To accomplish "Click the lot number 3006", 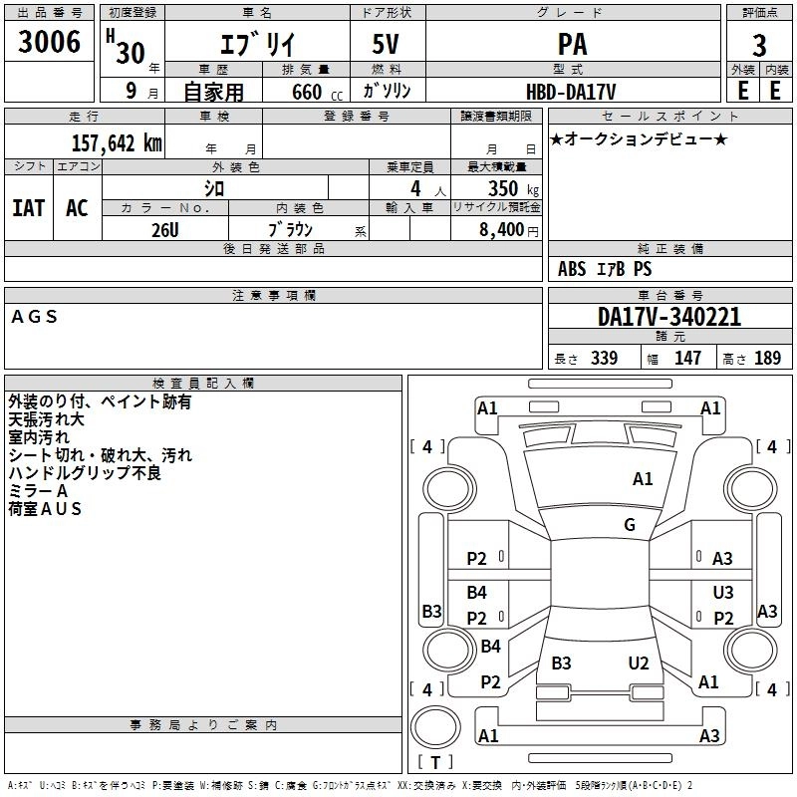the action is (x=49, y=42).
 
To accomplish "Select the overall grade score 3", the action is (x=759, y=46).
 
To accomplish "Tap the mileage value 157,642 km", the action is (x=117, y=143).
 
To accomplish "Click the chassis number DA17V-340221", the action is (x=669, y=316).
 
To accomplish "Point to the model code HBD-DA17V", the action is (x=571, y=92).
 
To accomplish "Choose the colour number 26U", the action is (x=165, y=230).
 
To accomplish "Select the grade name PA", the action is (x=572, y=44).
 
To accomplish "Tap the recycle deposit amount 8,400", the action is (x=502, y=230).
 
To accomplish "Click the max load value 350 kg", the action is (x=513, y=188).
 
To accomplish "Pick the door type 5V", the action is (x=386, y=44).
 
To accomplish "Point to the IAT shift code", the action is (x=29, y=208).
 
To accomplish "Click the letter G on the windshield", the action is (x=630, y=524).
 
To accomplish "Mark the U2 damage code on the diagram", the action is (x=639, y=663).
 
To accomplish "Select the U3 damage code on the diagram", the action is (x=723, y=592).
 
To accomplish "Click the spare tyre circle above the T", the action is (x=435, y=727).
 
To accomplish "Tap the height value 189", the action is (x=767, y=358).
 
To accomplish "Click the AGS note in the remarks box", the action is (x=34, y=317).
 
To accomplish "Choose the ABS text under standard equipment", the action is (x=572, y=269).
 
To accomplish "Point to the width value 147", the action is (x=687, y=358).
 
